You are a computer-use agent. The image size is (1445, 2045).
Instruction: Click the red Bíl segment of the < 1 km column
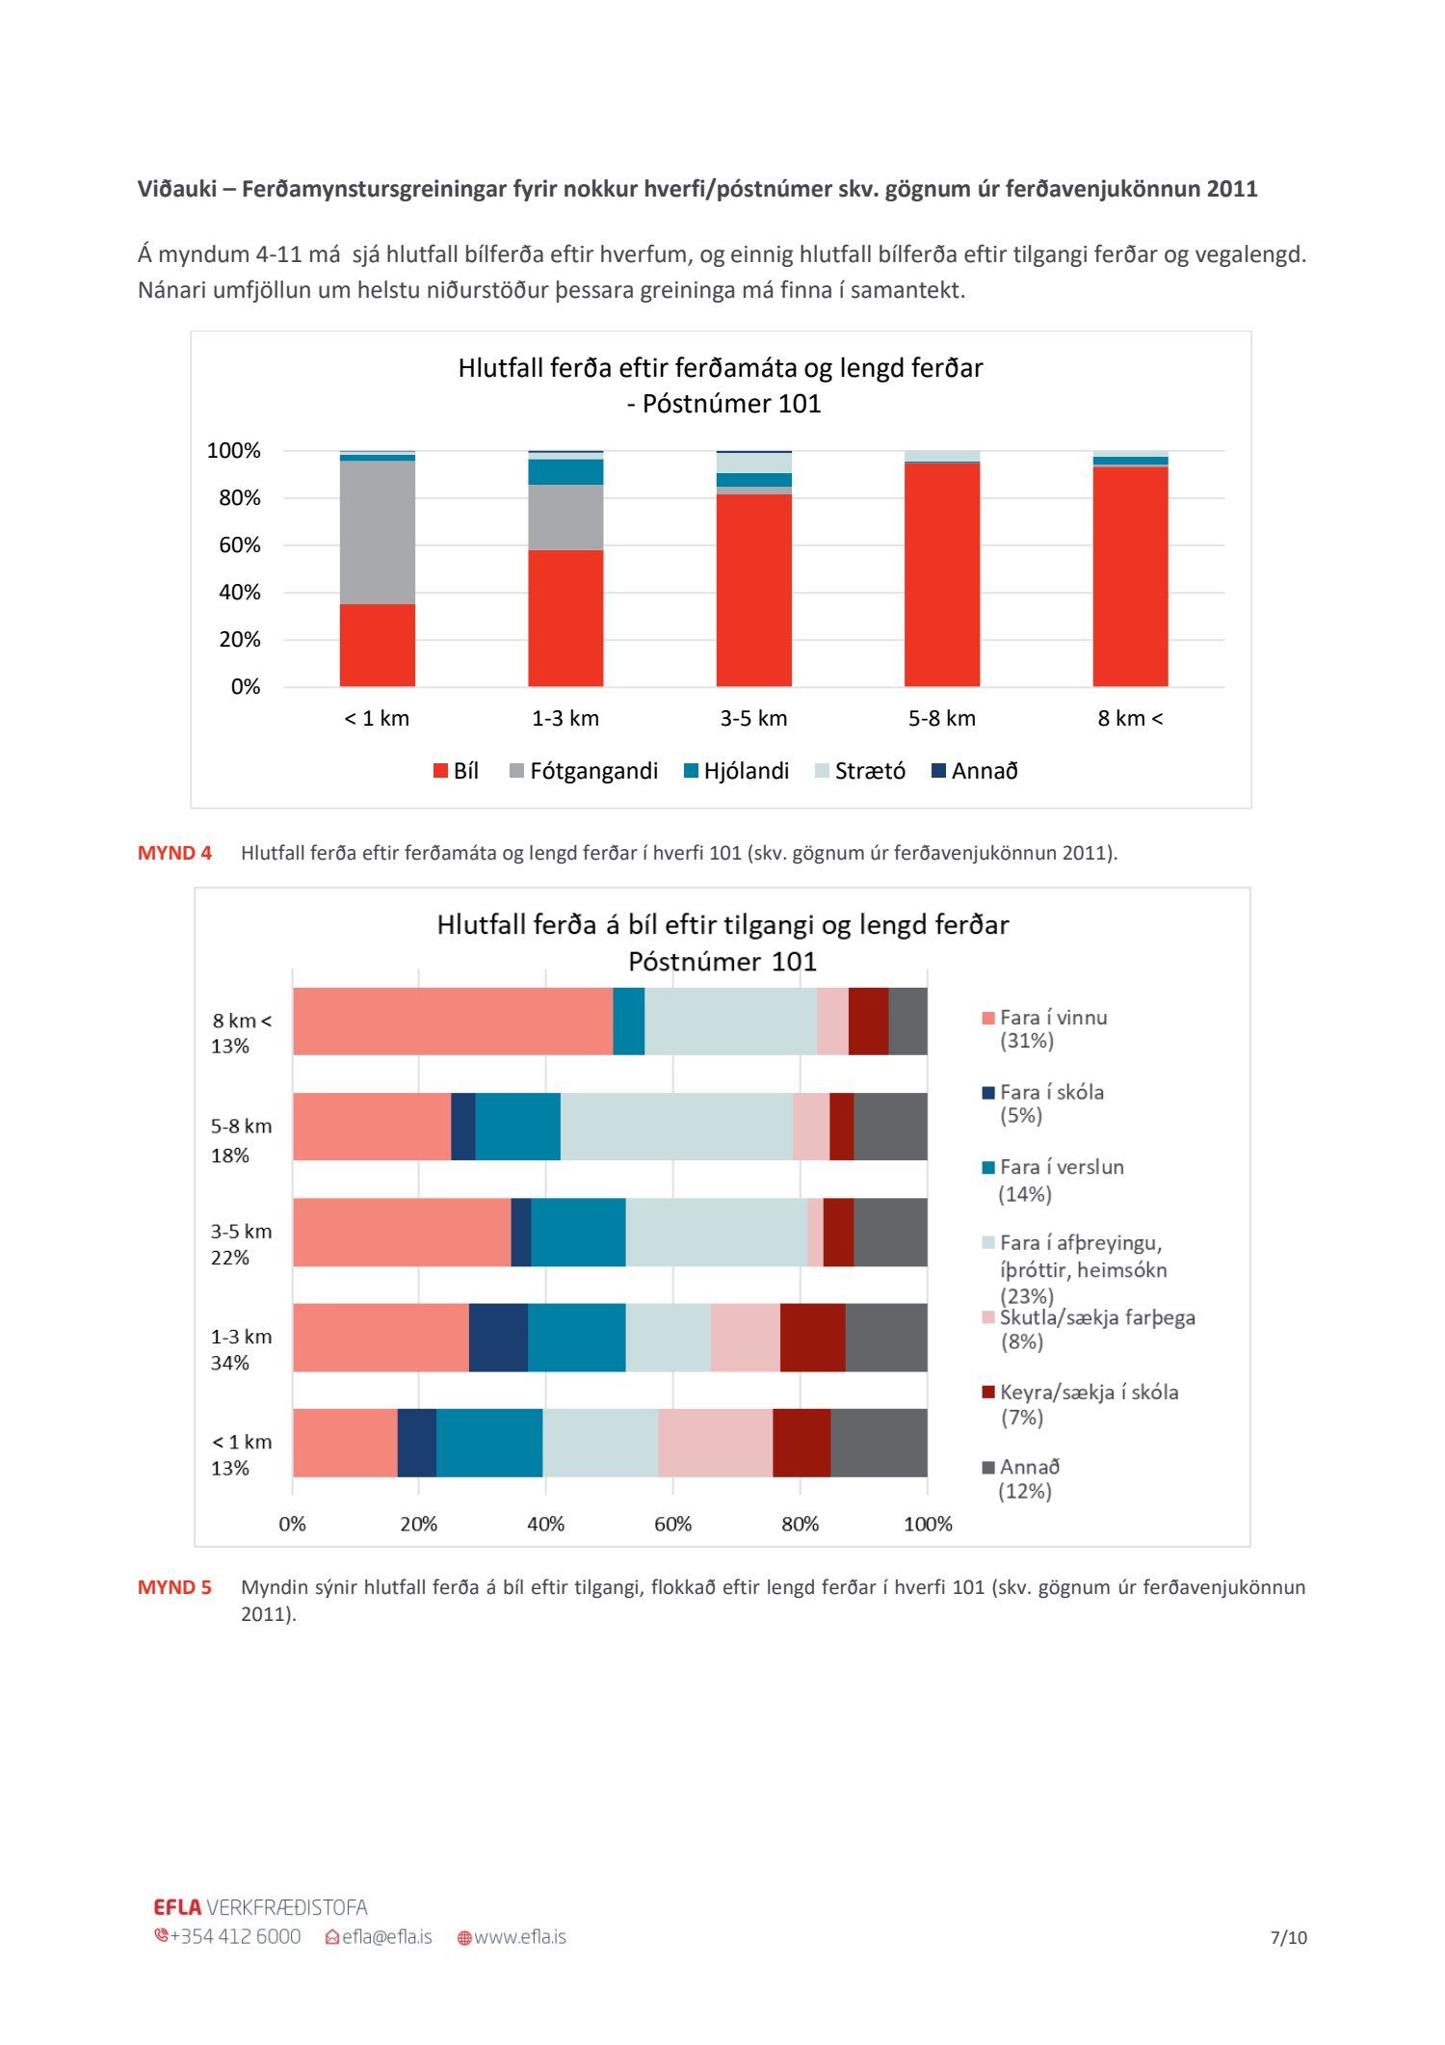pos(377,645)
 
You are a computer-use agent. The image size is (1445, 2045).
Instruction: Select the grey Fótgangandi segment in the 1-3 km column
pos(565,517)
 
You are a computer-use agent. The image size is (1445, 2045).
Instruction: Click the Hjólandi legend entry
pos(736,771)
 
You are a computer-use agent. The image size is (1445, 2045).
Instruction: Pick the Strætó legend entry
pos(860,771)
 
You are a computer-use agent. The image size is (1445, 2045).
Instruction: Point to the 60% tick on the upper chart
pos(240,545)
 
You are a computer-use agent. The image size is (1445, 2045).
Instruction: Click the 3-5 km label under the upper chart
pos(753,718)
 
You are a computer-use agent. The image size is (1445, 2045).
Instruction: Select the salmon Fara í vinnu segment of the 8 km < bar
pos(453,1021)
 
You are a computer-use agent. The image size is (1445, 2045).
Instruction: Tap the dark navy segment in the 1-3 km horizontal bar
pos(498,1337)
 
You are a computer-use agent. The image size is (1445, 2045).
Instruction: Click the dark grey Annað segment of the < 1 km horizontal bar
pos(879,1442)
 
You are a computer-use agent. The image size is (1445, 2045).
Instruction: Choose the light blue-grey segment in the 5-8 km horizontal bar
pos(676,1126)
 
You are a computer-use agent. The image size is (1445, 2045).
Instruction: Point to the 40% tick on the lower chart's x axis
pos(545,1524)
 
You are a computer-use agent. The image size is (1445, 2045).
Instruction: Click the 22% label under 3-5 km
pos(230,1258)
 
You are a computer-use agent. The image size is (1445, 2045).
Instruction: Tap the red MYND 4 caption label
pos(174,853)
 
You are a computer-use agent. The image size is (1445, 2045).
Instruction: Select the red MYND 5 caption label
pos(174,1587)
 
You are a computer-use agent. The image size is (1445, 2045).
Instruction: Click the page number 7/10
pos(1288,1937)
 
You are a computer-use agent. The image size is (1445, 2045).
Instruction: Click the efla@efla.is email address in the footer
pos(386,1937)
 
